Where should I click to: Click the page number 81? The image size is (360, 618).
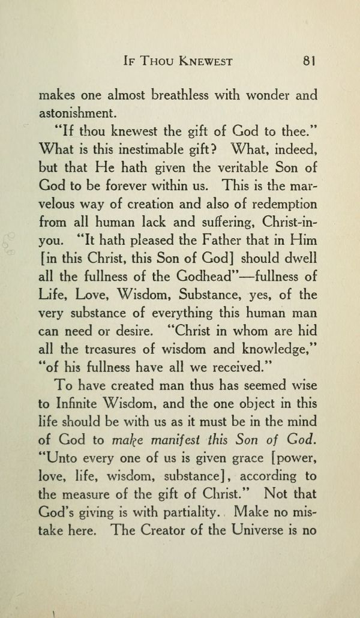310,61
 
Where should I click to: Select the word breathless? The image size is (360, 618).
184,95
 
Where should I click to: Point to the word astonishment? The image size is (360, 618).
76,112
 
